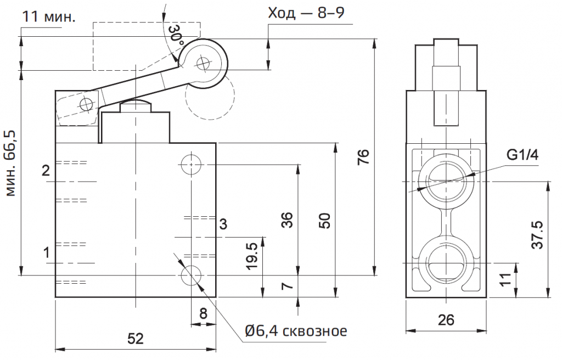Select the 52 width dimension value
point(136,339)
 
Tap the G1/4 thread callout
point(522,156)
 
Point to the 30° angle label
point(176,35)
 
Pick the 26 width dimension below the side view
point(447,320)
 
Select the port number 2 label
point(47,170)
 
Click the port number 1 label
point(47,252)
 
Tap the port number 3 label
point(223,224)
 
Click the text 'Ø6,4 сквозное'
point(296,331)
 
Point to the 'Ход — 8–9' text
point(306,13)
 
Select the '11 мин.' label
point(48,17)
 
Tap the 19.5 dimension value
point(252,253)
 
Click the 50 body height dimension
point(325,221)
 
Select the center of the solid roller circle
point(203,63)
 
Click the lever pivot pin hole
point(86,104)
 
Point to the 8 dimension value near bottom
point(203,314)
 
